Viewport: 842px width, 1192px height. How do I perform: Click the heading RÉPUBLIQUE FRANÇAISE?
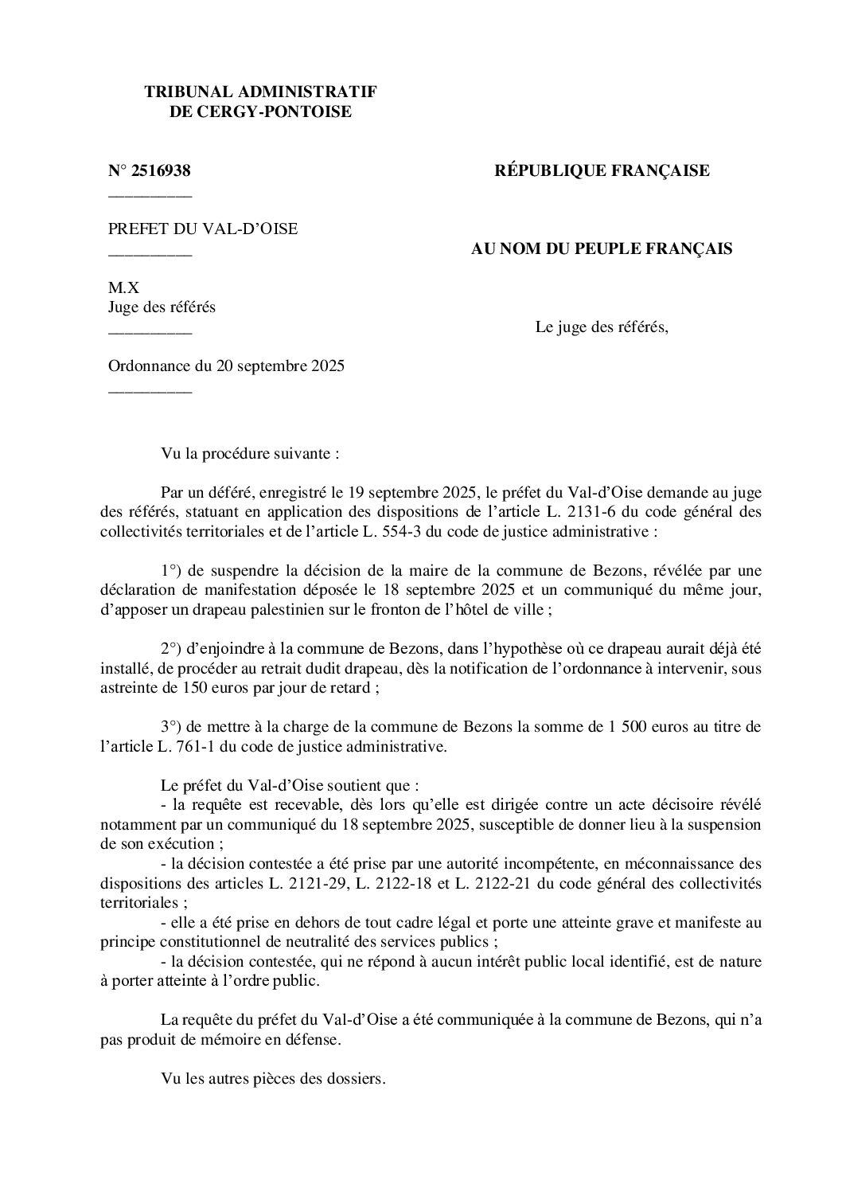click(602, 170)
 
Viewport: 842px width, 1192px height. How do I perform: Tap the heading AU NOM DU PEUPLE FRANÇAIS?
click(602, 249)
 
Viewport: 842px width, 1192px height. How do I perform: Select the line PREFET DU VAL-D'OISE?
click(203, 229)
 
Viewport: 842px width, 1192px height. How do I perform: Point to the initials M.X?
click(124, 288)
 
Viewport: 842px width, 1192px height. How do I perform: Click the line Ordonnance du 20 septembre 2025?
click(226, 367)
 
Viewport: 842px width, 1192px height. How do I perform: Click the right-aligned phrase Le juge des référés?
click(602, 327)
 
